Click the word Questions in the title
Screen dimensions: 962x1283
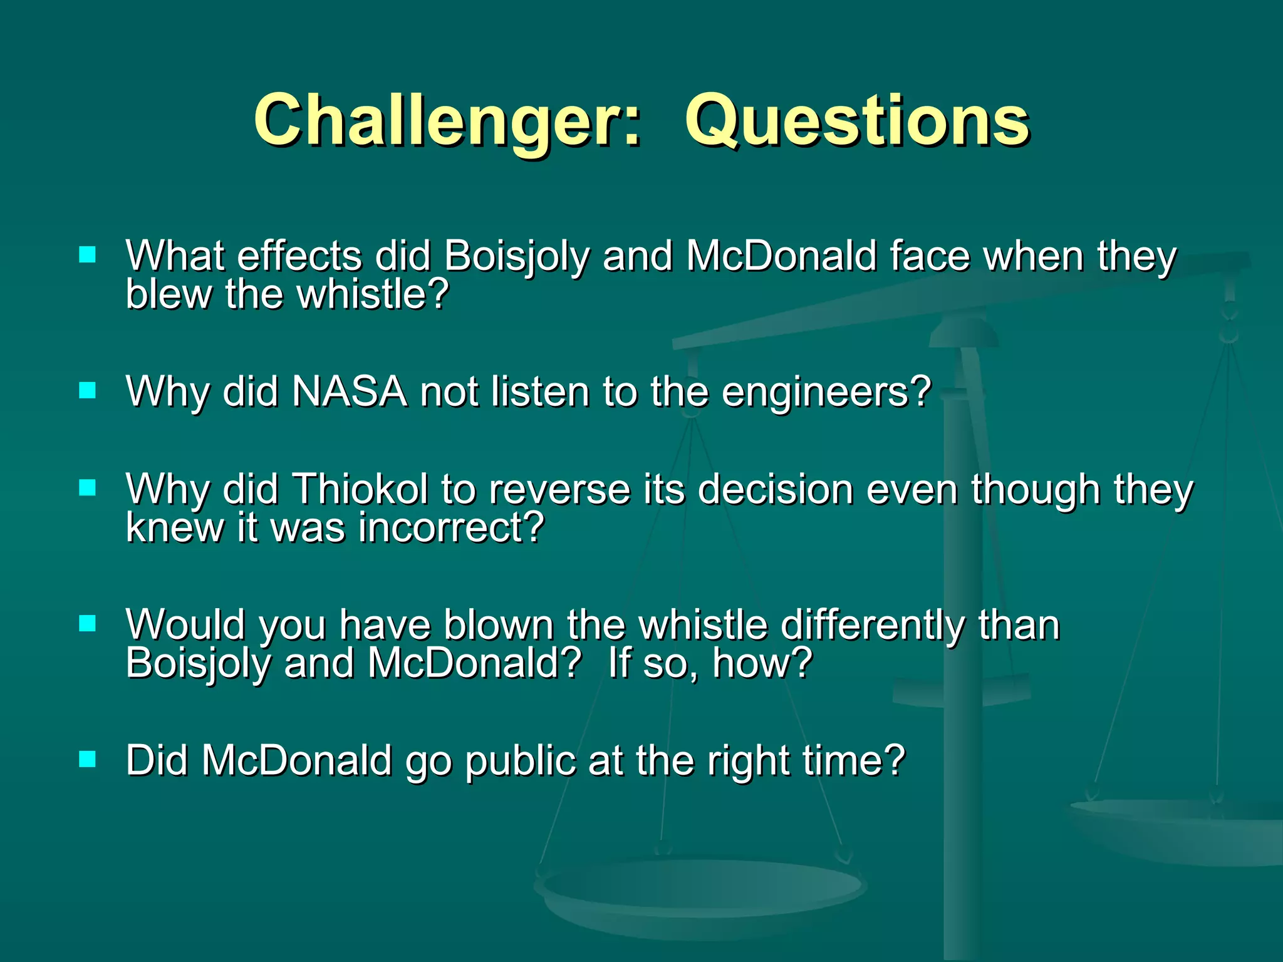click(x=857, y=121)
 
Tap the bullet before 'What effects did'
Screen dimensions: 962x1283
click(x=88, y=254)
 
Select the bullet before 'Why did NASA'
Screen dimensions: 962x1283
click(x=88, y=391)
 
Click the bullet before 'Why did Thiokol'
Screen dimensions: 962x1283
click(x=88, y=488)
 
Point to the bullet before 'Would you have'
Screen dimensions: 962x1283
click(x=88, y=623)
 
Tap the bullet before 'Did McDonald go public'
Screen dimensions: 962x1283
click(x=88, y=760)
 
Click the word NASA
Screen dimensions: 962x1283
click(x=350, y=392)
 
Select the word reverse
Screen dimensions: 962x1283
click(x=559, y=489)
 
